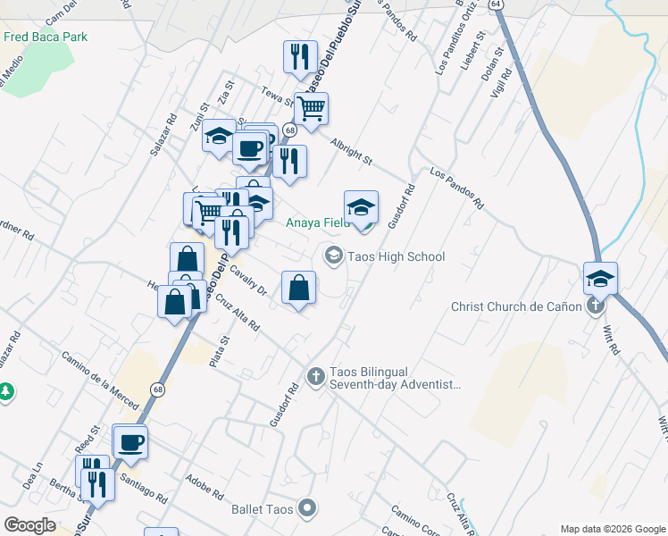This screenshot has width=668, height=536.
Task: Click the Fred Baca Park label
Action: coord(46,37)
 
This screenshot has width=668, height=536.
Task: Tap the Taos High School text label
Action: coord(400,257)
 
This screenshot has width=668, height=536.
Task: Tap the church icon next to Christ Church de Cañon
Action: coord(596,306)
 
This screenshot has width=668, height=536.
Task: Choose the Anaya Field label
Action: coord(316,223)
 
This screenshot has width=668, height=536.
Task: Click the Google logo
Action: coord(29,524)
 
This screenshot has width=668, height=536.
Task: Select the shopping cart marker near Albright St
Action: coord(312,109)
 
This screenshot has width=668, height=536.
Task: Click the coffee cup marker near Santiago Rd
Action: coord(130,441)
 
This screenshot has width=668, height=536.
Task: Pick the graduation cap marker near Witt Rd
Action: coord(600,278)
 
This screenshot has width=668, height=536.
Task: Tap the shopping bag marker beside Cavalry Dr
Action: coord(298,288)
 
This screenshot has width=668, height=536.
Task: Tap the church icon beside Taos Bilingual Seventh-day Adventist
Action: coord(314,377)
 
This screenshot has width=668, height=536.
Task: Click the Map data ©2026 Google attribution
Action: coord(613,529)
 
